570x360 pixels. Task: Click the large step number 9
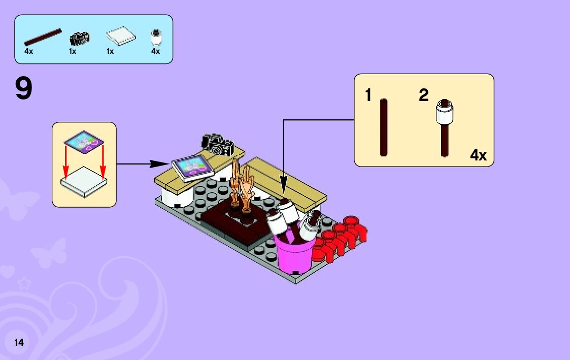pos(23,89)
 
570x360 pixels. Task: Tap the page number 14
pos(19,342)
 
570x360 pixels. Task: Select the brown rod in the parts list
pos(43,37)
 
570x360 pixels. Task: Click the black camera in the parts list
pos(80,38)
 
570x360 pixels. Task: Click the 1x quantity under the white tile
pos(110,51)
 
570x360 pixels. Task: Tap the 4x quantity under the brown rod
pos(28,51)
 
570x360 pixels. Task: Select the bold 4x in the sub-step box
pos(478,155)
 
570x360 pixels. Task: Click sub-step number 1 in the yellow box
pos(368,95)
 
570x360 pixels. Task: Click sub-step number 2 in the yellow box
pos(424,95)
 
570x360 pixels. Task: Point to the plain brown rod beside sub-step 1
pos(384,127)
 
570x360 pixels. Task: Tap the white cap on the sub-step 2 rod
pos(444,111)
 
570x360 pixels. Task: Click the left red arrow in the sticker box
pos(65,162)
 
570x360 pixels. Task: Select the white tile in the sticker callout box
pos(84,183)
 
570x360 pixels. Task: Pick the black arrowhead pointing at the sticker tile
pos(161,163)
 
